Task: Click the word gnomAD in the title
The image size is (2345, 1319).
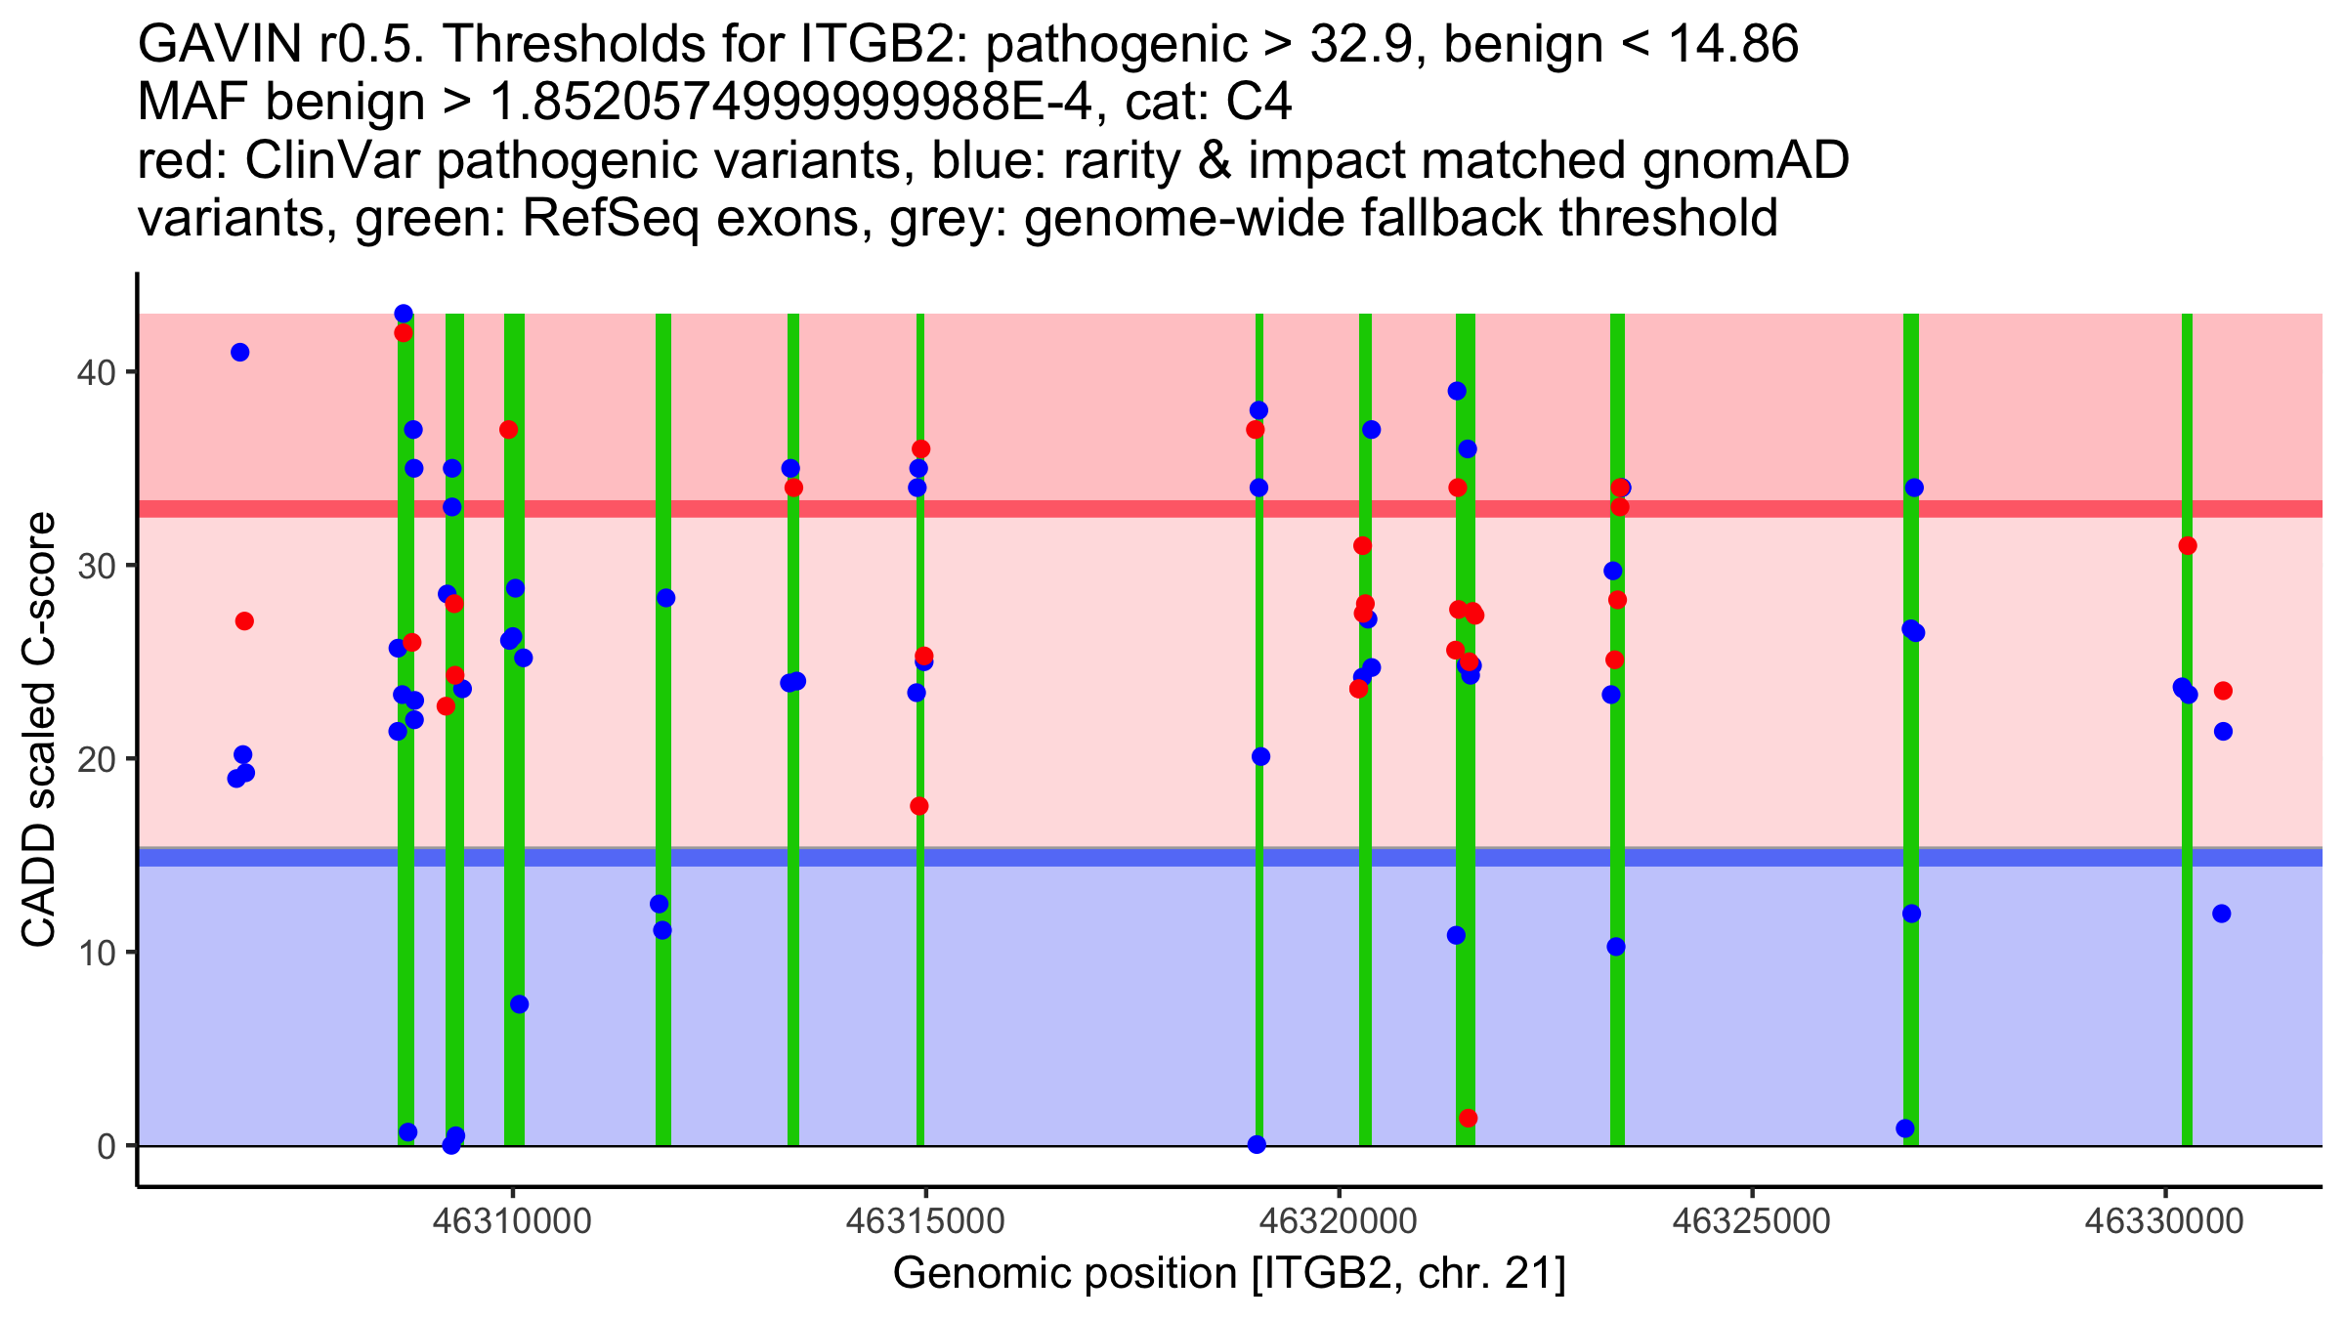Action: pyautogui.click(x=1745, y=160)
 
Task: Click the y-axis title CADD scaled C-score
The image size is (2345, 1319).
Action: pyautogui.click(x=39, y=733)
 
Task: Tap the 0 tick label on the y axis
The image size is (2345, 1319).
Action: pyautogui.click(x=107, y=1146)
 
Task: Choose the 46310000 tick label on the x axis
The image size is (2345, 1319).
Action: pyautogui.click(x=513, y=1221)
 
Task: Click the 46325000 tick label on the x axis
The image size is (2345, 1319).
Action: pyautogui.click(x=1752, y=1221)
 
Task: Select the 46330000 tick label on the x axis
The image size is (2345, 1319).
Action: pyautogui.click(x=2165, y=1221)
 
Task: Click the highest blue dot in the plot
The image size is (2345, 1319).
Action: pyautogui.click(x=404, y=314)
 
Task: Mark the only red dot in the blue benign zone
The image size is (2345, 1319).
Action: pyautogui.click(x=1468, y=1118)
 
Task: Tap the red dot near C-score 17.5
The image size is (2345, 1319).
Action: pyautogui.click(x=919, y=806)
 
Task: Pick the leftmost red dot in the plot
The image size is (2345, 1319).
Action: pyautogui.click(x=244, y=621)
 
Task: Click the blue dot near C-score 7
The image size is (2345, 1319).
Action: pyautogui.click(x=519, y=1004)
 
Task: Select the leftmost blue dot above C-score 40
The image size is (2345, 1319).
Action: pyautogui.click(x=239, y=353)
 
